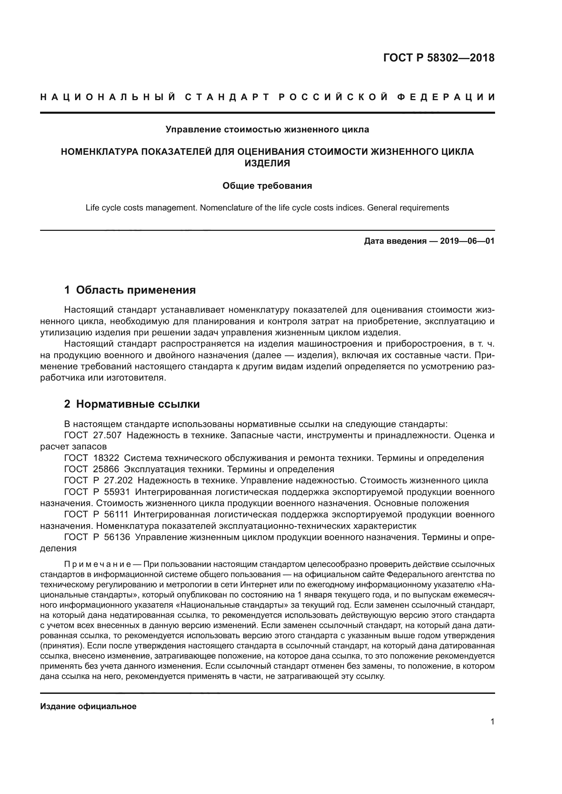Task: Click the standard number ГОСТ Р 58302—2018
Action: pos(439,58)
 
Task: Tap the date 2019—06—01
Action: pos(467,241)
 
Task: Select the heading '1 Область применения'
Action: pos(130,290)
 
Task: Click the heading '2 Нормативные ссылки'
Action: pos(132,404)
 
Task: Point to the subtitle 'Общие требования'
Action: pos(267,186)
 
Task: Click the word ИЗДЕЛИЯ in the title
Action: pos(267,163)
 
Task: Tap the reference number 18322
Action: pos(106,458)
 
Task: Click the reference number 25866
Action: pos(106,469)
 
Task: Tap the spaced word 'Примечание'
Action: pos(97,565)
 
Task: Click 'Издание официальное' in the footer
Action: pos(88,706)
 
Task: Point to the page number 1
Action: pos(492,721)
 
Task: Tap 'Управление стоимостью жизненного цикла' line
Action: pos(267,129)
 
